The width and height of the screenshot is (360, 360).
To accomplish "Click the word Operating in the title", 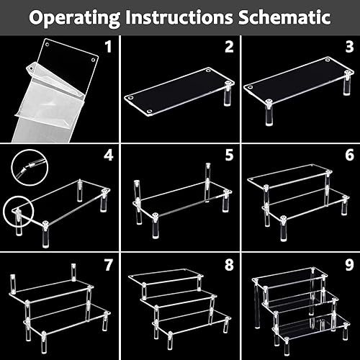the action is [74, 18].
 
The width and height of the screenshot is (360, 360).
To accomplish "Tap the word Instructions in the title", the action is [179, 17].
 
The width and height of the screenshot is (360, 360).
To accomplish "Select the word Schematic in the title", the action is [284, 17].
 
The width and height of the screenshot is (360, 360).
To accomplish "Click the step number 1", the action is [109, 47].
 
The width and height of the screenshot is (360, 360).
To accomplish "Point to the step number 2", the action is [229, 47].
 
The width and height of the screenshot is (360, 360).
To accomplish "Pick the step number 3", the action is [350, 47].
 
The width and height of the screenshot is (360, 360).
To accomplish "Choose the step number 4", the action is [109, 155].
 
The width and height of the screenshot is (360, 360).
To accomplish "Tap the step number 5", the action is [229, 155].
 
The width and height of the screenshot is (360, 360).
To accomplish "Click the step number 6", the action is [350, 155].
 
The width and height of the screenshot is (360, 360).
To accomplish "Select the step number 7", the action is [109, 265].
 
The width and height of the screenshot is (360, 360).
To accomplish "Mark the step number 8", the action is [229, 265].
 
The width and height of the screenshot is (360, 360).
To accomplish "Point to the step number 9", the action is [350, 265].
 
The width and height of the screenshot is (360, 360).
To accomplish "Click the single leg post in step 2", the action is [227, 94].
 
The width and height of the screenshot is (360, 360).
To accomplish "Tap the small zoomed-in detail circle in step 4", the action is [30, 167].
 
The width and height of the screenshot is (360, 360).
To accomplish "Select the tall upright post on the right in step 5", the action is [208, 182].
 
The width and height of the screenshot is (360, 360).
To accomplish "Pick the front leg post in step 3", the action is [269, 113].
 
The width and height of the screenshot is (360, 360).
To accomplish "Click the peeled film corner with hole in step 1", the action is [31, 68].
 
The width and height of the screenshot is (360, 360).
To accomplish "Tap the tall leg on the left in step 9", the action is [257, 304].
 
